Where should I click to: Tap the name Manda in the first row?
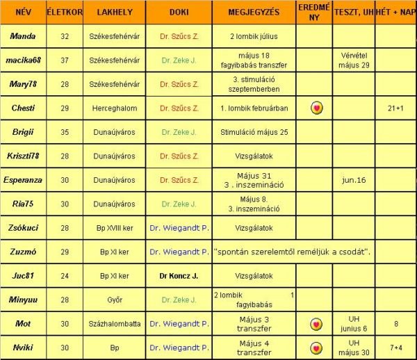click(24, 35)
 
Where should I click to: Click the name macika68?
click(24, 60)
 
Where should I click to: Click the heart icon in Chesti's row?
click(315, 108)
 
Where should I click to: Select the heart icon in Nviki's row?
click(315, 347)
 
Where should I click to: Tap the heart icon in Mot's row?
click(315, 324)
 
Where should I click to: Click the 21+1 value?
click(395, 108)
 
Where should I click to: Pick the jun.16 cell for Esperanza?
click(353, 180)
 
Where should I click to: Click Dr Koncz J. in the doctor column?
click(179, 276)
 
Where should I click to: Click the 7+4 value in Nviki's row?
click(395, 347)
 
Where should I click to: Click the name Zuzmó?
click(24, 252)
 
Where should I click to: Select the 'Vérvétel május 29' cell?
click(353, 60)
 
